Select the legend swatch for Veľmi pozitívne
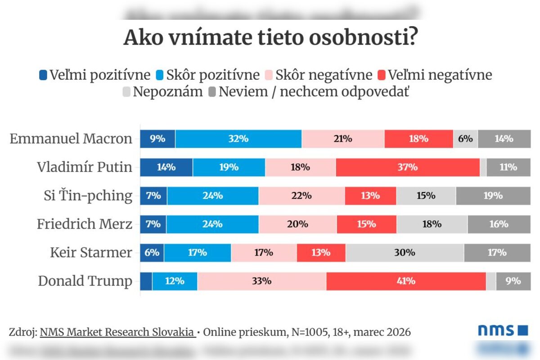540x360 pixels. (x=43, y=75)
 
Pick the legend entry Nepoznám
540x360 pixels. (x=162, y=92)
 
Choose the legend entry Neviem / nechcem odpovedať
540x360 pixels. (x=309, y=92)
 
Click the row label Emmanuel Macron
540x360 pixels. (x=71, y=139)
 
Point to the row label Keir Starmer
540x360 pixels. (x=91, y=252)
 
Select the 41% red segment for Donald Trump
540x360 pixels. (x=406, y=281)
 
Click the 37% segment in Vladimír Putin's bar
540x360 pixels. (x=408, y=167)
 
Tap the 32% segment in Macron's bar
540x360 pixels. (x=238, y=139)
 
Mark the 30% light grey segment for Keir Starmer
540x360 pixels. (x=405, y=252)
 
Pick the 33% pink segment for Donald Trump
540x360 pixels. (x=262, y=281)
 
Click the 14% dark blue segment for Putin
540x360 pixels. (x=166, y=167)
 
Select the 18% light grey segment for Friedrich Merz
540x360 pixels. (x=432, y=224)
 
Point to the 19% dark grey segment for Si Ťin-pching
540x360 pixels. (x=493, y=196)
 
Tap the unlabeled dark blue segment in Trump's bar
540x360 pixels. (x=146, y=281)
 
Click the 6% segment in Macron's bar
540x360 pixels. (x=465, y=139)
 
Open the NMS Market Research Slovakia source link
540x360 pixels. (x=117, y=332)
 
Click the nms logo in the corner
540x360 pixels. (x=502, y=331)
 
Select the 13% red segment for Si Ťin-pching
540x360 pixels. (x=370, y=196)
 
